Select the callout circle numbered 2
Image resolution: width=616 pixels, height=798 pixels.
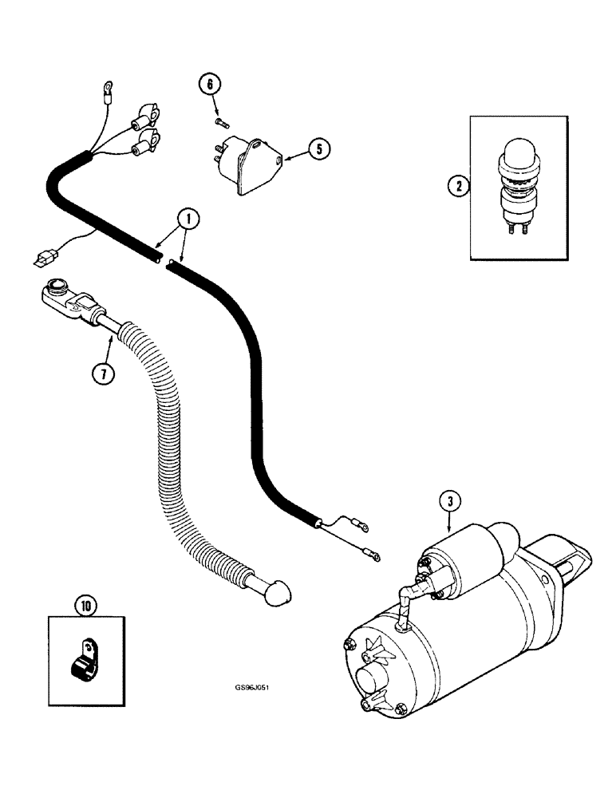(x=457, y=188)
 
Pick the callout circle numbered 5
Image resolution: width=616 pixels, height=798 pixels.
(x=317, y=148)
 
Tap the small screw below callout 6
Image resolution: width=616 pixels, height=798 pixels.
(x=221, y=121)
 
